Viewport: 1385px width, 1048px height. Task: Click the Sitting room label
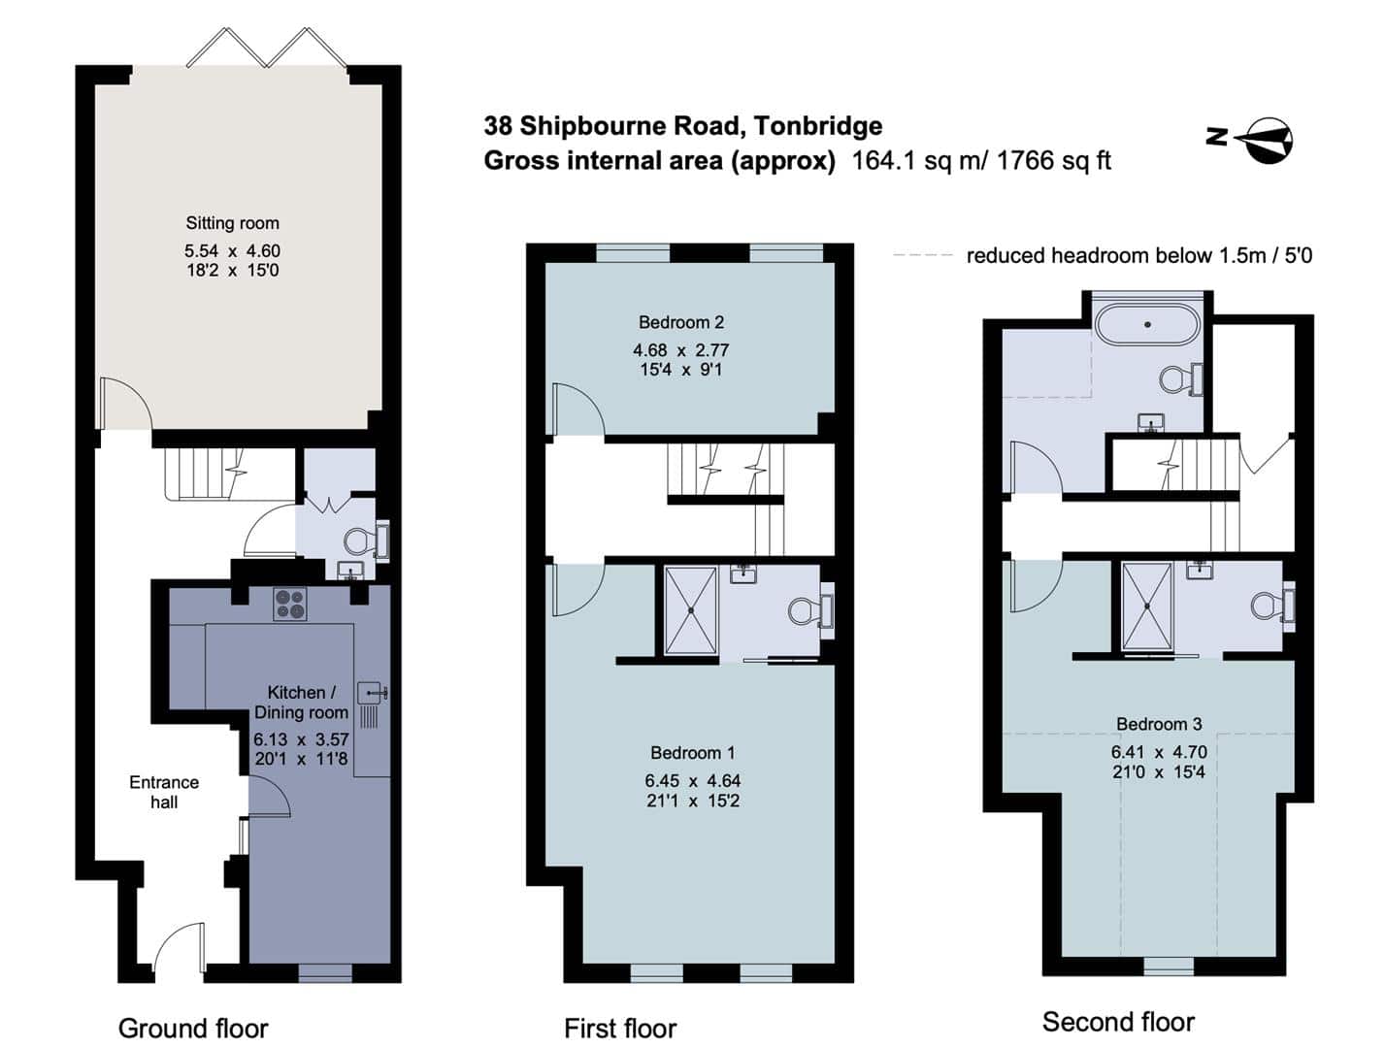232,223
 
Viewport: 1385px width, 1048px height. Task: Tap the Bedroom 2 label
680,322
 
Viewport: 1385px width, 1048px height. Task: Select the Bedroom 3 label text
1159,724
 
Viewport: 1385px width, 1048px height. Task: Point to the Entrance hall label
164,792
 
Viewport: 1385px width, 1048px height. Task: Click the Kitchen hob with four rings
290,604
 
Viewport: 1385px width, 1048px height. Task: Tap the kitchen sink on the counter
373,694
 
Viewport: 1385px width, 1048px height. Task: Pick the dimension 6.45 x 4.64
692,780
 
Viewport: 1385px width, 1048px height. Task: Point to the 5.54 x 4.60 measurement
232,251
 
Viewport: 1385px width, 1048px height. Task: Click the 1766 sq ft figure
1054,161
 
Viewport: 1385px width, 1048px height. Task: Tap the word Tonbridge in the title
818,127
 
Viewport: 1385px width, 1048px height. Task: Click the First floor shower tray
691,610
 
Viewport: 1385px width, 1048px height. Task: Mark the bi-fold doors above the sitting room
266,48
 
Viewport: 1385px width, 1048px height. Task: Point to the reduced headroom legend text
1138,256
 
